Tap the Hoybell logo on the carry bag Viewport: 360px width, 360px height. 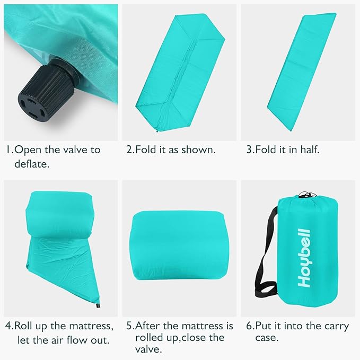304,258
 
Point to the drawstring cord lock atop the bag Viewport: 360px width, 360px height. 305,195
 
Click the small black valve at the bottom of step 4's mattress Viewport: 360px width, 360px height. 98,306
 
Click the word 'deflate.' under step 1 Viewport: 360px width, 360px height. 32,164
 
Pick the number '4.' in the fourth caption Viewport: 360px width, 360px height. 10,326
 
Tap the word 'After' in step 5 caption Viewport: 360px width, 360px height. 147,326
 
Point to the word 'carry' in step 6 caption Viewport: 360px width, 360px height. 336,327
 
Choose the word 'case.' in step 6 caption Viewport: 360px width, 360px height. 267,338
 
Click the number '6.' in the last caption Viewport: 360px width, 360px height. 250,326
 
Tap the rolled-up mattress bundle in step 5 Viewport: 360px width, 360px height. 179,245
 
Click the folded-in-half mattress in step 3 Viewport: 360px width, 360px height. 302,72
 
